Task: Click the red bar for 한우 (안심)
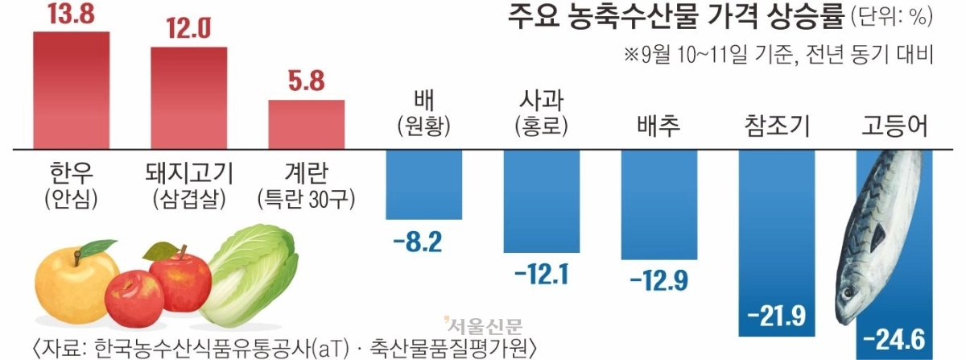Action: coord(71,90)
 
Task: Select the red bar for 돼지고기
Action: coord(189,98)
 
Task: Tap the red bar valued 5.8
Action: coord(306,125)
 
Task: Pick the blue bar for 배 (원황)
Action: coord(424,184)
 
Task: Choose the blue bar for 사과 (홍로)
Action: coord(542,201)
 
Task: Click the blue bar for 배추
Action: coord(659,205)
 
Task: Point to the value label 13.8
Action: coord(71,13)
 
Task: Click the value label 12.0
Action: coord(189,28)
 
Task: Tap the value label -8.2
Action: coord(418,242)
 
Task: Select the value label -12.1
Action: coord(542,275)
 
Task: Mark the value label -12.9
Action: coord(659,281)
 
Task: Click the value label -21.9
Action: coord(777,317)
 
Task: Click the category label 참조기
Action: coord(777,126)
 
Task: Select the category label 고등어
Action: coord(894,126)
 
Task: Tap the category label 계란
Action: coord(306,172)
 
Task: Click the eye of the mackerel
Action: coord(848,293)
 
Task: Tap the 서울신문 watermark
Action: coord(483,327)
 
